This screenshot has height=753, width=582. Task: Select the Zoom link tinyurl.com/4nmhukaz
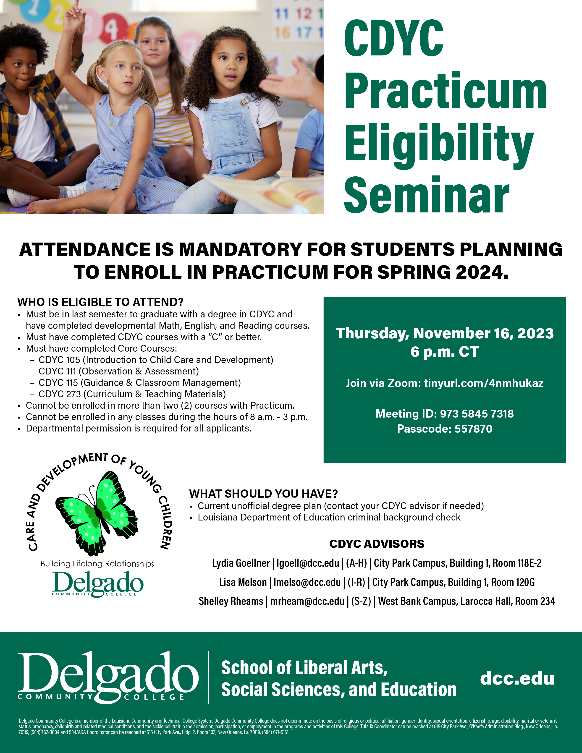pos(483,383)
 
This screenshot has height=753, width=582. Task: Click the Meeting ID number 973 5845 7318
pos(477,413)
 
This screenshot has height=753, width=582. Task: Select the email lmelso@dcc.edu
pos(307,582)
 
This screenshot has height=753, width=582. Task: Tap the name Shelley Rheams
pos(231,601)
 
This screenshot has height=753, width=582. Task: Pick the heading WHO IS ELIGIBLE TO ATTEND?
pos(100,302)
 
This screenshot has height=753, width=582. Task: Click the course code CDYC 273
pos(60,394)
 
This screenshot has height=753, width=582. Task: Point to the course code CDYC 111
pos(57,371)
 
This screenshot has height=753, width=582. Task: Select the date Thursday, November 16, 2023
pos(445,333)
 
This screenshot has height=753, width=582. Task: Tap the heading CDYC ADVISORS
pos(377,544)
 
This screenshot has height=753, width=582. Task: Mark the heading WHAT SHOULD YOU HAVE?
pos(263,494)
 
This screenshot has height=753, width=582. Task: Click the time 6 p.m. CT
pos(445,352)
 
